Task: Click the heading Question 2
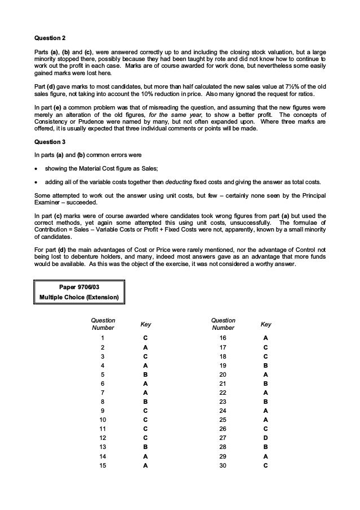(50, 38)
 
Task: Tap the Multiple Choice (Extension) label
(79, 297)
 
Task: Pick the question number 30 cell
(222, 466)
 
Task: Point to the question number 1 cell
(102, 338)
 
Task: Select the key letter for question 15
(146, 466)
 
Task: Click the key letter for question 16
(266, 338)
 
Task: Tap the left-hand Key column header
(146, 324)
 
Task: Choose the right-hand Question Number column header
(222, 324)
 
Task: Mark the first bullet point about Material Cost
(107, 168)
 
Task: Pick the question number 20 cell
(222, 374)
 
